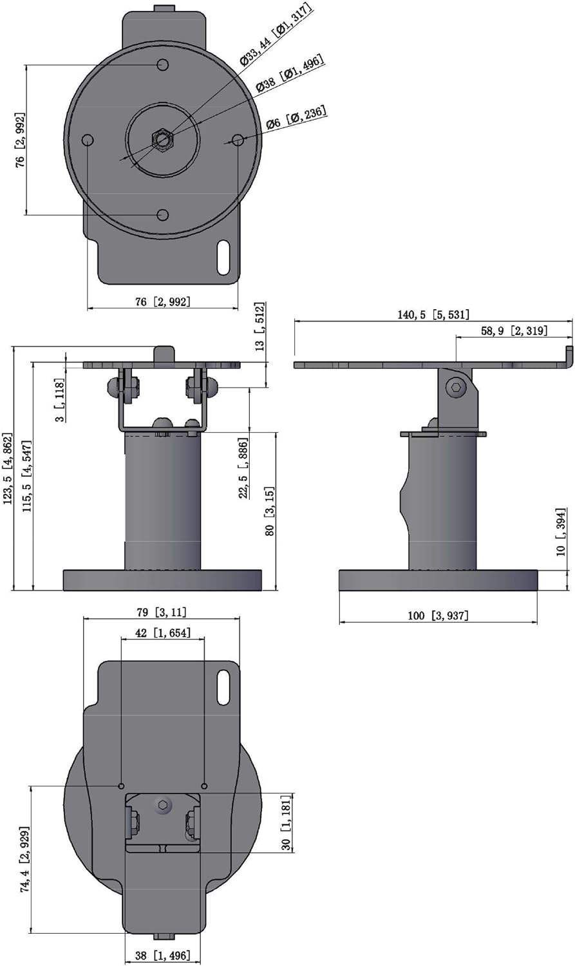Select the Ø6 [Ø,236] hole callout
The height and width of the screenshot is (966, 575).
(x=296, y=117)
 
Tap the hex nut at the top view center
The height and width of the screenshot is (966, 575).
(x=162, y=138)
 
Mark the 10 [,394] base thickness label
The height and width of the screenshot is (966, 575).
(x=561, y=531)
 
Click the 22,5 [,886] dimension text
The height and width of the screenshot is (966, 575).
(x=243, y=468)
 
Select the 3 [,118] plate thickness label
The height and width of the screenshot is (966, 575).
(x=59, y=401)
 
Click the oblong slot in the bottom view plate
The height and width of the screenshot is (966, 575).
(x=223, y=687)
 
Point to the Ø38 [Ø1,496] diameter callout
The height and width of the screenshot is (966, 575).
(x=289, y=75)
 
